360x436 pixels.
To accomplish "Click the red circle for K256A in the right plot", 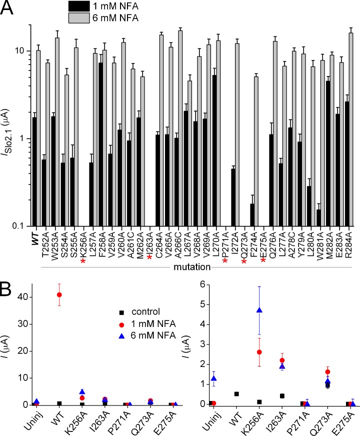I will pos(259,352).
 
